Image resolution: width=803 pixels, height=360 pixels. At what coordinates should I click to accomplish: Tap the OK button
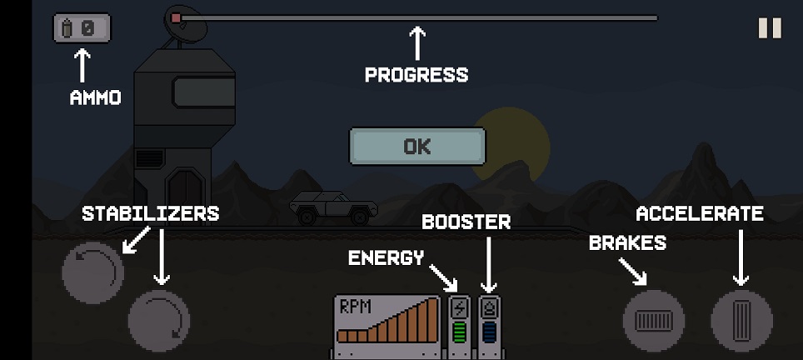pos(416,147)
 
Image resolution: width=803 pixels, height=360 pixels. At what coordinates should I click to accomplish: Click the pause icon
pos(770,28)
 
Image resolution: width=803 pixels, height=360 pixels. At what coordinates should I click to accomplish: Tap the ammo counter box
pos(82,27)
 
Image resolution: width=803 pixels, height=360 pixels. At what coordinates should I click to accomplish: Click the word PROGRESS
pos(416,75)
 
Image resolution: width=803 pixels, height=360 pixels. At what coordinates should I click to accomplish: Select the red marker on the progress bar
pos(176,18)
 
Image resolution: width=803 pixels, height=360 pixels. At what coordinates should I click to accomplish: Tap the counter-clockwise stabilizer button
pos(92,273)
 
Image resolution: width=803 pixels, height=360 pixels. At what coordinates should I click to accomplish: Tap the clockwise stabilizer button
pos(159,321)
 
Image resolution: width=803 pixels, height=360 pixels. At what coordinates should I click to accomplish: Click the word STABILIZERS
pos(151,213)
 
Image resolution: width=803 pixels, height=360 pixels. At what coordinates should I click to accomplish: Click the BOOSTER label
pos(466,222)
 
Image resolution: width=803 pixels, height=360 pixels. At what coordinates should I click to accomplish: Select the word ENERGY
pos(387,257)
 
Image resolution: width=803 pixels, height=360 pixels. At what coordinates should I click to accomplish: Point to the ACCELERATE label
pos(700,213)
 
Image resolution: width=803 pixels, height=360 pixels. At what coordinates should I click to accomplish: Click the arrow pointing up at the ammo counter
pos(82,66)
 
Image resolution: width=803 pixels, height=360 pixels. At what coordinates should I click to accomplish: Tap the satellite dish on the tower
pos(186,24)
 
